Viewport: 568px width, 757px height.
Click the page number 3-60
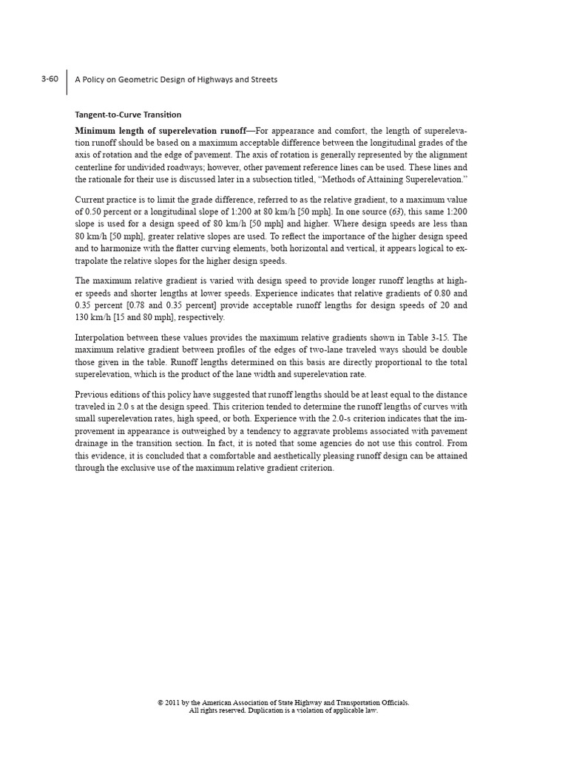click(50, 79)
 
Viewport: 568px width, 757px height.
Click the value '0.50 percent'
click(109, 211)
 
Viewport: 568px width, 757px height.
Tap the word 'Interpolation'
click(100, 338)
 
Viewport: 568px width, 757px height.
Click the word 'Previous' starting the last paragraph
click(92, 394)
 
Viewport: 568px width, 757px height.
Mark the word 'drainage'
click(92, 444)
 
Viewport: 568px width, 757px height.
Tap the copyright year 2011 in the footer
click(174, 702)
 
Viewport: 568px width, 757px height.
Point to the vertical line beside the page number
click(67, 81)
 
